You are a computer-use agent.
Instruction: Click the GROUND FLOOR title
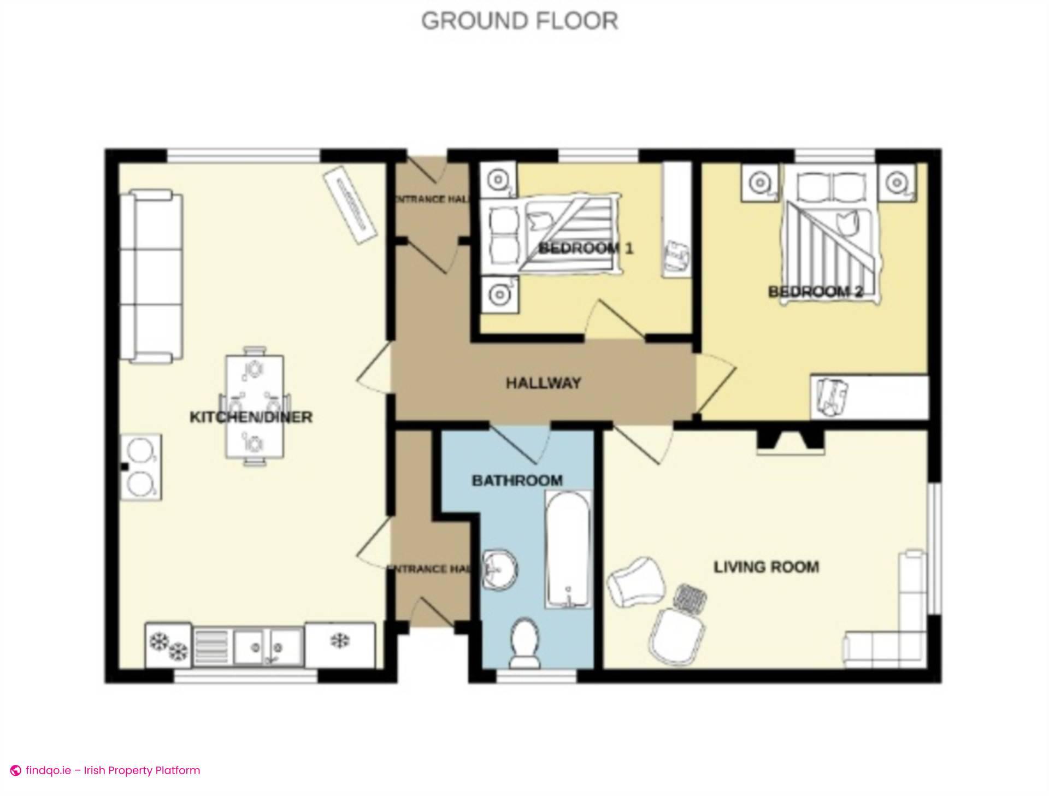(x=520, y=21)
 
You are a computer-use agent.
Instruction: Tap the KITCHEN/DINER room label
(x=251, y=417)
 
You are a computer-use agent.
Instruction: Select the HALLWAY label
(x=543, y=383)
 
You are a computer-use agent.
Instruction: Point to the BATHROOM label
(x=517, y=481)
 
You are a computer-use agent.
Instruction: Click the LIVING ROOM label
(x=766, y=567)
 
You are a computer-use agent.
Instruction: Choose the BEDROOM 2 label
(x=815, y=292)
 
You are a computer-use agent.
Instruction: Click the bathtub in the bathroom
(x=568, y=549)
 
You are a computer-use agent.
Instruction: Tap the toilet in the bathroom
(x=524, y=644)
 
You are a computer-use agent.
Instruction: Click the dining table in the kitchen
(x=255, y=406)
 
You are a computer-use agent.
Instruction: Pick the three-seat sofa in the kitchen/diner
(x=151, y=276)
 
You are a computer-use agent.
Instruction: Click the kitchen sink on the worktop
(x=268, y=648)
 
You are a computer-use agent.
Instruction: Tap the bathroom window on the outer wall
(x=537, y=677)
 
